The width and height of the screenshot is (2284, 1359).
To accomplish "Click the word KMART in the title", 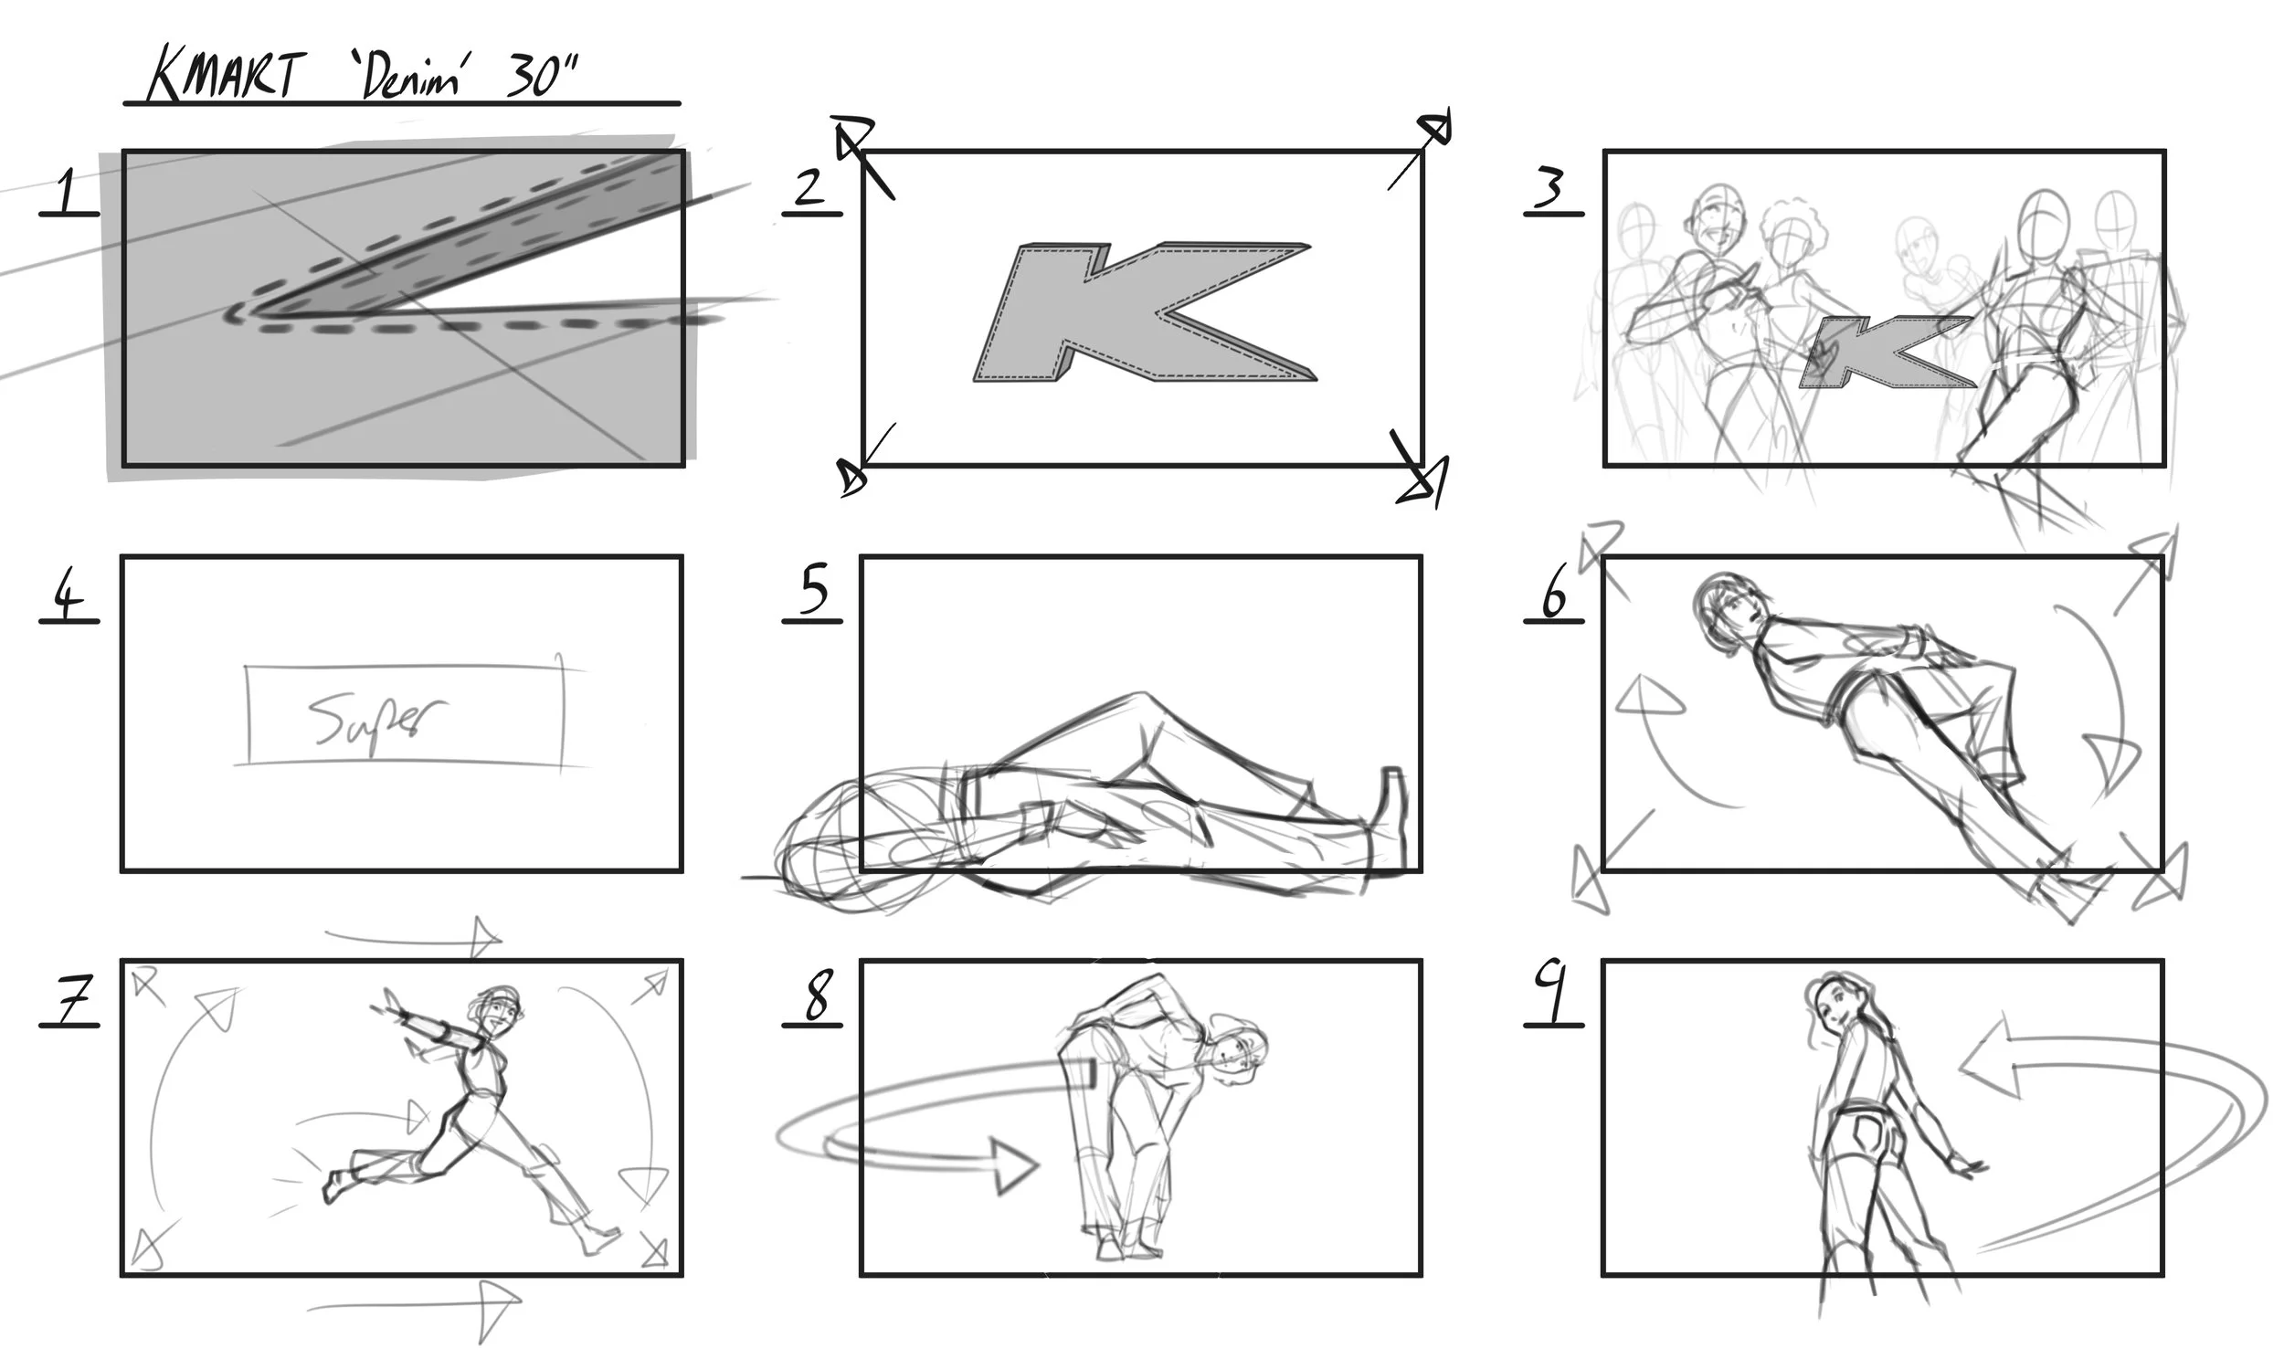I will click(x=223, y=75).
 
